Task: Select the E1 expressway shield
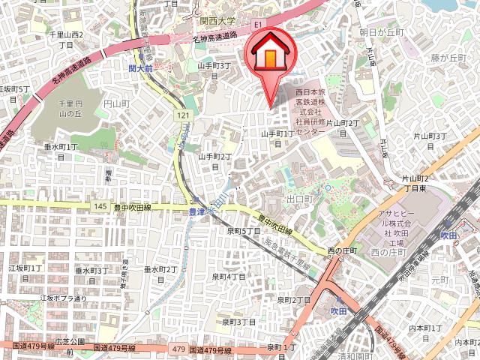259,25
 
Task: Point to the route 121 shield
184,115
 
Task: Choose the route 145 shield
100,206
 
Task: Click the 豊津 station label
196,211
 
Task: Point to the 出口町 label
298,199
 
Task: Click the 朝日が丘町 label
382,33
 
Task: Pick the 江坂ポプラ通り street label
63,298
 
